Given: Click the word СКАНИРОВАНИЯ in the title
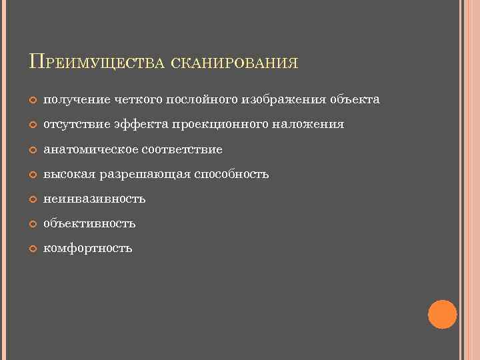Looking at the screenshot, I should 234,63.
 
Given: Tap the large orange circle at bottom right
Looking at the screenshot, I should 442,314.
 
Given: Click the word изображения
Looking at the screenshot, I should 285,100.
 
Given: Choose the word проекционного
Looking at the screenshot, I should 216,125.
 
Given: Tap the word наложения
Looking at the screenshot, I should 311,125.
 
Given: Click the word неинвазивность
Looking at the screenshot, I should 94,199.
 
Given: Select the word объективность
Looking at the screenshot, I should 89,224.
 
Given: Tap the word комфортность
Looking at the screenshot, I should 88,249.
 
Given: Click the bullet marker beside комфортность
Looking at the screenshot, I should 33,249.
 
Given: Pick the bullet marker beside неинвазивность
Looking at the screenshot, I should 33,199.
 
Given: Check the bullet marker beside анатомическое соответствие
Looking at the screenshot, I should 33,150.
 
